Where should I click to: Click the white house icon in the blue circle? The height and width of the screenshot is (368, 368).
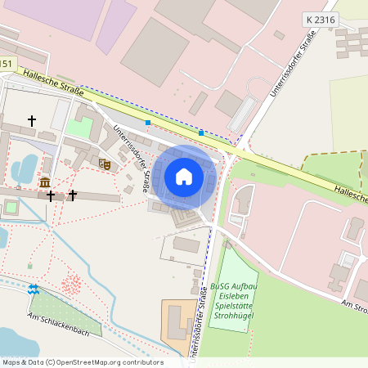pos(184,176)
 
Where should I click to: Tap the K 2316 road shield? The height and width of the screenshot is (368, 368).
pos(320,18)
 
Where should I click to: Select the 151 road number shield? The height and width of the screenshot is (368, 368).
pos(7,63)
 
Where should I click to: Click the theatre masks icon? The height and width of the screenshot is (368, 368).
pos(105,164)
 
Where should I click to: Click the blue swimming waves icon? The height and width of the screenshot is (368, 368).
pos(34,289)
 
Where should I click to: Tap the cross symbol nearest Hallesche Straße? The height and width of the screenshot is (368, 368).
pos(32,121)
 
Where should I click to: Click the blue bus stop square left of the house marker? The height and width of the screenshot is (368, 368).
pos(148,123)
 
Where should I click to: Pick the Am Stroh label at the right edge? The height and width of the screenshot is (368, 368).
pos(353,305)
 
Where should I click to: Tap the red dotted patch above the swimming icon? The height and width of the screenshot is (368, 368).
pos(72,284)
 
